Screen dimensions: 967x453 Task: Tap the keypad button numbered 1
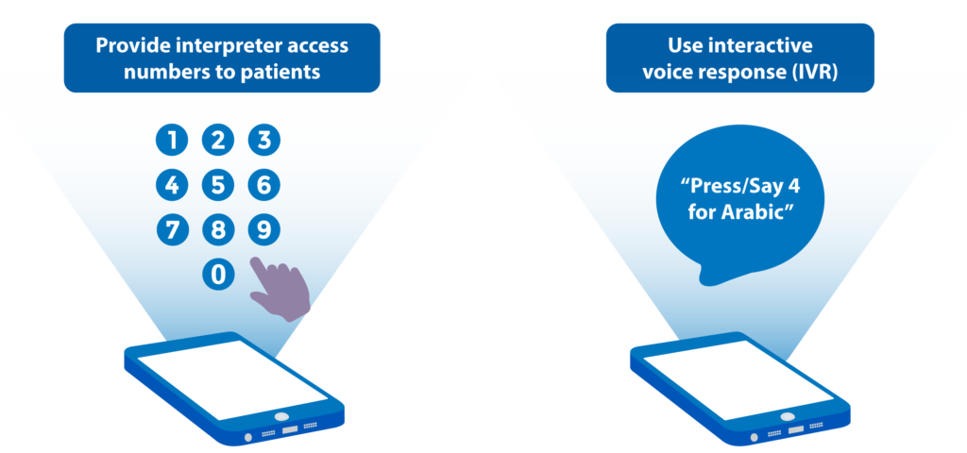tap(172, 141)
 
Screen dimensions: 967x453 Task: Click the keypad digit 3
tap(264, 141)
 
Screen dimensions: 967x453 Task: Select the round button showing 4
tap(172, 186)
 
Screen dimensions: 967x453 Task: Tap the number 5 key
tap(218, 186)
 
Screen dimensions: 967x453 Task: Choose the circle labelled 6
tap(264, 186)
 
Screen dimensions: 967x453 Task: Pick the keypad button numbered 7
tap(172, 230)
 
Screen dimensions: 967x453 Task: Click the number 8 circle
tap(218, 230)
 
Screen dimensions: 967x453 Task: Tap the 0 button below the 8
tap(218, 275)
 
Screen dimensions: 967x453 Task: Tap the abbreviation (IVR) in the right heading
tap(814, 72)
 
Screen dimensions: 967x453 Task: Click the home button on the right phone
tap(787, 416)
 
